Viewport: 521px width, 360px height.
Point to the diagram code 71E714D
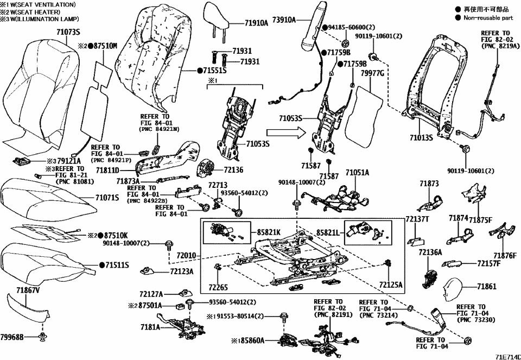click(x=507, y=356)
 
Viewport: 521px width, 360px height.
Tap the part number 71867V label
click(x=28, y=290)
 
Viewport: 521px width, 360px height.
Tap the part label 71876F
click(x=505, y=255)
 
